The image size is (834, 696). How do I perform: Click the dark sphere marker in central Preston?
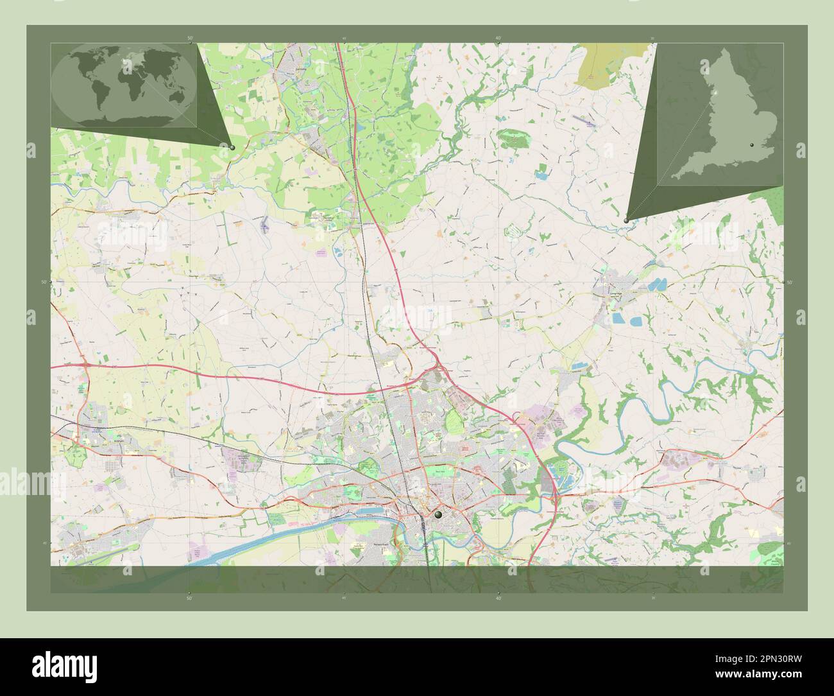438,514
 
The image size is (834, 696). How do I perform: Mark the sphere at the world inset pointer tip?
232,147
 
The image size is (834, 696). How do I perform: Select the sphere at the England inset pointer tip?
626,220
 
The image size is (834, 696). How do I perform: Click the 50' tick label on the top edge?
189,39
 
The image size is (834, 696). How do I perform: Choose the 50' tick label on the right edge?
789,282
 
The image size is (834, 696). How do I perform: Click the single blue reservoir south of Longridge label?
618,318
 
